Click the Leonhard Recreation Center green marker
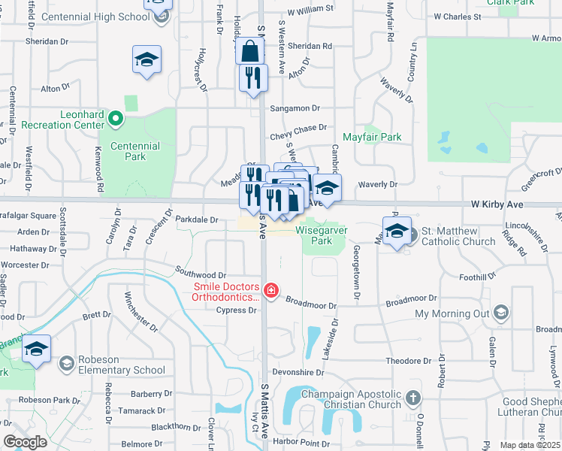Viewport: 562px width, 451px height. (116, 117)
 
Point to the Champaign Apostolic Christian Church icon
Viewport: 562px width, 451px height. (412, 398)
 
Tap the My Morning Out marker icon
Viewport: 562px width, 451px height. (502, 313)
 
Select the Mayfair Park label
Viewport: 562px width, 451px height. (372, 138)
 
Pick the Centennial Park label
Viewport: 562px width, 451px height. (134, 151)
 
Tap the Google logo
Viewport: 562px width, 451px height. (25, 442)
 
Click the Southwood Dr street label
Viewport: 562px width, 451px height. (200, 276)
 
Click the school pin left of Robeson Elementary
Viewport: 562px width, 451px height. (36, 350)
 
